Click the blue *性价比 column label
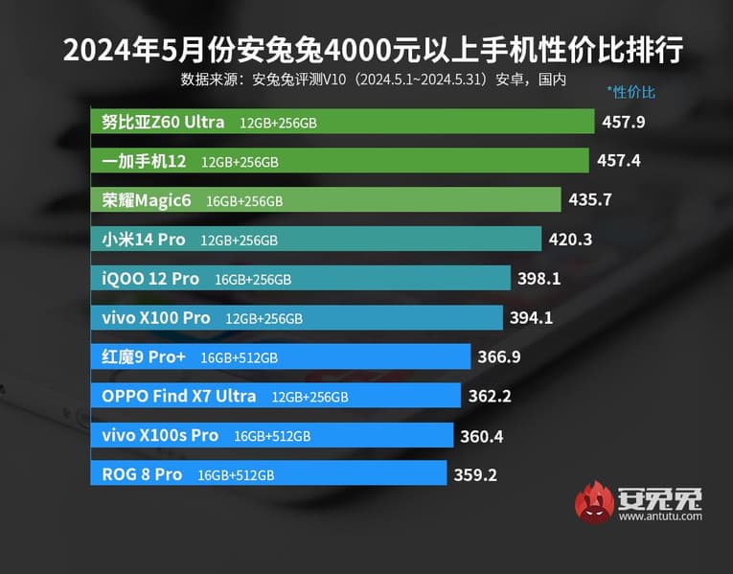click(630, 93)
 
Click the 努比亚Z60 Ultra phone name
click(163, 122)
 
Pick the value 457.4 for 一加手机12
click(618, 161)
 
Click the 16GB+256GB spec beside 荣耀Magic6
click(244, 201)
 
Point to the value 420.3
click(570, 240)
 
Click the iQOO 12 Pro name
click(150, 279)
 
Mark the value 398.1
click(538, 279)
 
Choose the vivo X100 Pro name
click(155, 317)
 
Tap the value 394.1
click(532, 318)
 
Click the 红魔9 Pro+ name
click(143, 357)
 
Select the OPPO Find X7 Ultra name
click(178, 396)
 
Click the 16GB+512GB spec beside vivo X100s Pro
click(271, 436)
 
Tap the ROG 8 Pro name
click(142, 474)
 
